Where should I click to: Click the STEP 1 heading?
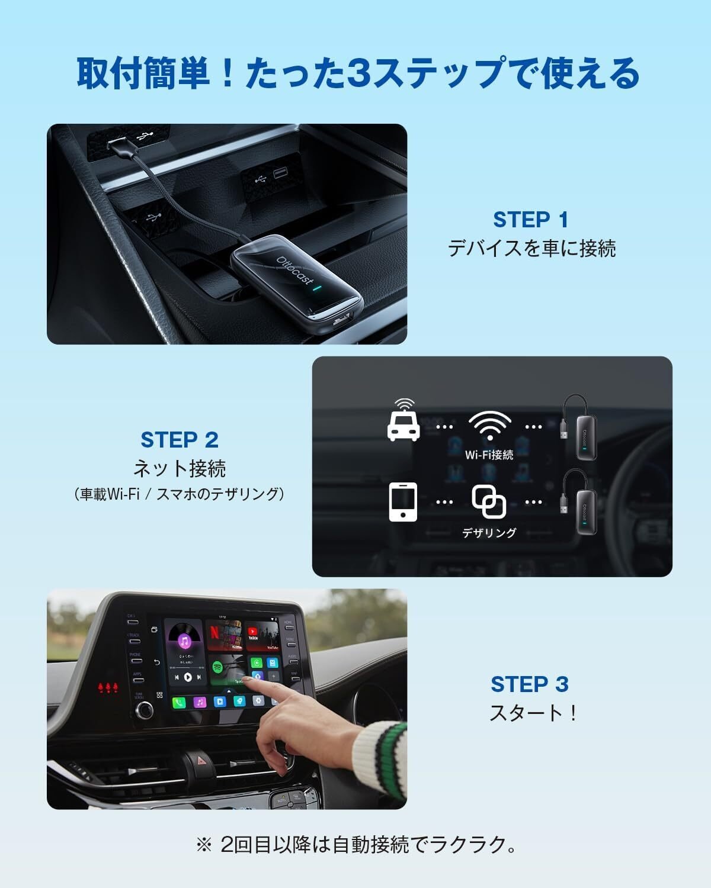point(531,220)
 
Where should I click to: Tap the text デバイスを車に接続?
point(531,248)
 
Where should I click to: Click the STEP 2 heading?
point(180,440)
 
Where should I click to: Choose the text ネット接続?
point(180,468)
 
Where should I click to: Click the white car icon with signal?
point(403,422)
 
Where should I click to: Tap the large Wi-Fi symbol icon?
point(489,426)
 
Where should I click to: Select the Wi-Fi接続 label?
point(489,455)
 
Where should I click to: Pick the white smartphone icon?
point(403,501)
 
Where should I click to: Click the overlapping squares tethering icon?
point(489,501)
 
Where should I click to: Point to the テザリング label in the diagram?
point(489,533)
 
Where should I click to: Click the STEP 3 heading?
point(530,684)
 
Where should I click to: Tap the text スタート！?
point(533,713)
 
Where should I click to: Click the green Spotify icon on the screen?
point(218,667)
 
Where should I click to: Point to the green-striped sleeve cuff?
point(379,752)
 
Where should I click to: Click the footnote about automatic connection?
point(355,844)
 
